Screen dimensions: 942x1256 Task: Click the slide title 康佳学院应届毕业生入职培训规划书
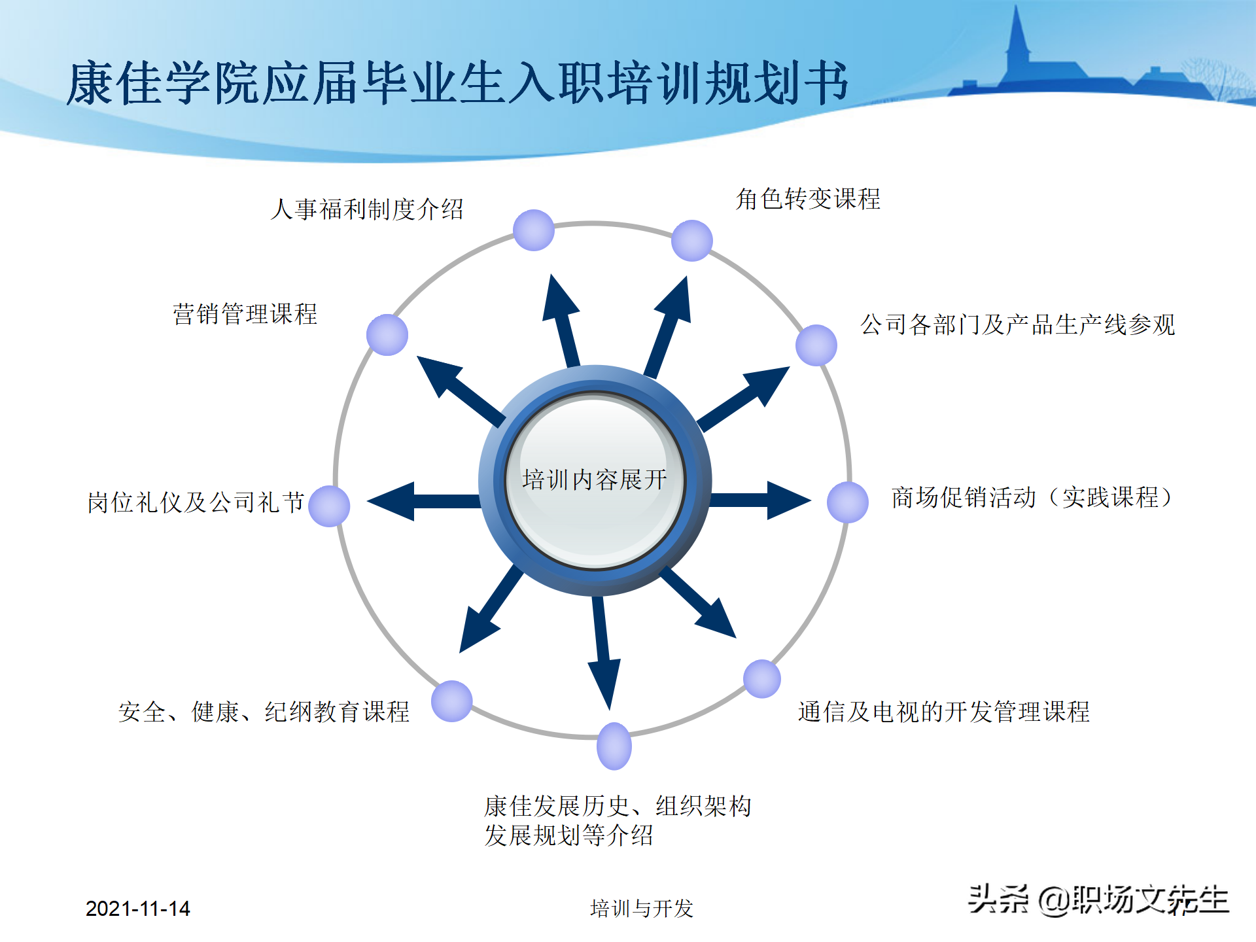pos(458,83)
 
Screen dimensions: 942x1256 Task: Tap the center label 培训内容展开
pos(595,480)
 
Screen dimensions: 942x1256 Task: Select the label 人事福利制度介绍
pos(367,209)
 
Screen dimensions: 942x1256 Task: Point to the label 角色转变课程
pos(808,199)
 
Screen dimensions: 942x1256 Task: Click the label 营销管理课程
pos(245,314)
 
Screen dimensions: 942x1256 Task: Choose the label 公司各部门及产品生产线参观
pos(1018,324)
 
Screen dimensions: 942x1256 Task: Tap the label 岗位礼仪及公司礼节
pos(196,502)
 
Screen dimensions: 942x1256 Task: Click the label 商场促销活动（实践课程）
pos(1032,498)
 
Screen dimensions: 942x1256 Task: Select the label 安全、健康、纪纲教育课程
pos(264,712)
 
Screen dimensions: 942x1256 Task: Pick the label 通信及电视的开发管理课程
pos(944,712)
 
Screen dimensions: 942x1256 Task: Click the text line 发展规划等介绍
pos(568,835)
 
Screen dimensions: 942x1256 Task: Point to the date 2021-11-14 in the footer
pos(137,909)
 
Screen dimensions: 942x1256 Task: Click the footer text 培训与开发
pos(641,909)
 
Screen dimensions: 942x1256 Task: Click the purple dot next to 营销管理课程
pos(387,335)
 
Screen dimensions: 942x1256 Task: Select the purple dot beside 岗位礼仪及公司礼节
pos(329,506)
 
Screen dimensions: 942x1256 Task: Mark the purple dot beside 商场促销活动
pos(848,502)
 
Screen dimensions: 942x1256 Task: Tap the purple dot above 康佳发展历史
pos(614,746)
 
